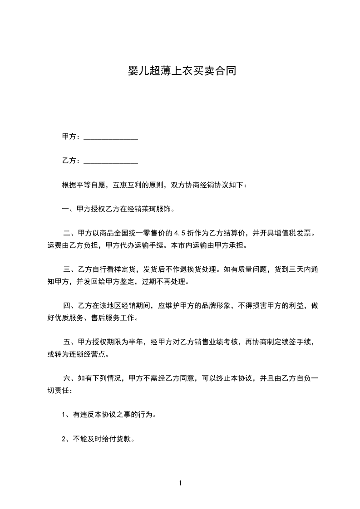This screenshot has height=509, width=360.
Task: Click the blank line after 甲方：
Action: click(111, 137)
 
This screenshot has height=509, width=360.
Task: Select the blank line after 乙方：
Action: click(111, 161)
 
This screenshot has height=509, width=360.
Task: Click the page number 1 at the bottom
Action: click(180, 484)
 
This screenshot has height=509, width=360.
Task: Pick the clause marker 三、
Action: click(69, 269)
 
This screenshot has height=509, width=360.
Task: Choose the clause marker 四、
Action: click(69, 306)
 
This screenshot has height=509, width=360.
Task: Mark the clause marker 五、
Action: click(69, 342)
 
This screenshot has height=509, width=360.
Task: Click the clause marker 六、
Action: click(69, 378)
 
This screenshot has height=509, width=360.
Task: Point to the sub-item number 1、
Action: click(66, 414)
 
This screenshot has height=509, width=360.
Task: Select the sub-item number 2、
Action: click(66, 439)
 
